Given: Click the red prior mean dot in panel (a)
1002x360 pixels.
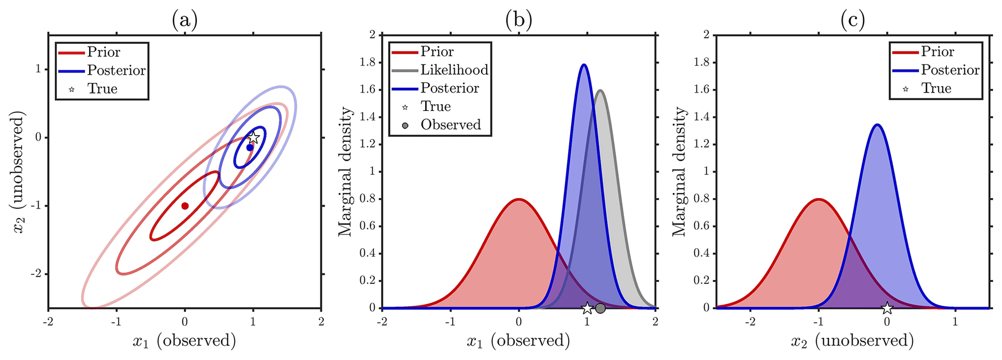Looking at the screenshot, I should coord(185,206).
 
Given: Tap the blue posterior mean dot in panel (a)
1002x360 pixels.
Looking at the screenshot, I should coord(250,147).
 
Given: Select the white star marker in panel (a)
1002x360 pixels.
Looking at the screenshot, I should coord(253,138).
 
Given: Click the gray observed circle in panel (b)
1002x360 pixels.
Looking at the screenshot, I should coord(600,308).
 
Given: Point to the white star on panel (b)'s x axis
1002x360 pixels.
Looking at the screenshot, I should coord(587,308).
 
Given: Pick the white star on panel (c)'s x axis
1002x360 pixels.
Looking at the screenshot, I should coord(887,308).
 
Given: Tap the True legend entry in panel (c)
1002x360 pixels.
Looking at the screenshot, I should coord(936,89).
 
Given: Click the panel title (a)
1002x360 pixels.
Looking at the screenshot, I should coord(185,20).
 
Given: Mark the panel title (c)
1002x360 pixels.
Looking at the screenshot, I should coord(853,20).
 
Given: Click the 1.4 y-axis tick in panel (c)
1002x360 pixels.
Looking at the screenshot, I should coord(702,117).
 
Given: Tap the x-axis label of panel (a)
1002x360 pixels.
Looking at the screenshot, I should coord(185,341).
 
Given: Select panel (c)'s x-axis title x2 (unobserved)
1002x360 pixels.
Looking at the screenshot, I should coord(853,341).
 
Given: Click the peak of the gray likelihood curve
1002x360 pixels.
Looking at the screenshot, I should coord(601,90).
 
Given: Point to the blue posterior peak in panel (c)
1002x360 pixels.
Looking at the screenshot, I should coord(877,125).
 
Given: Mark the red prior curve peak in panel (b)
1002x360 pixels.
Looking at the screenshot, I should coord(519,199).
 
